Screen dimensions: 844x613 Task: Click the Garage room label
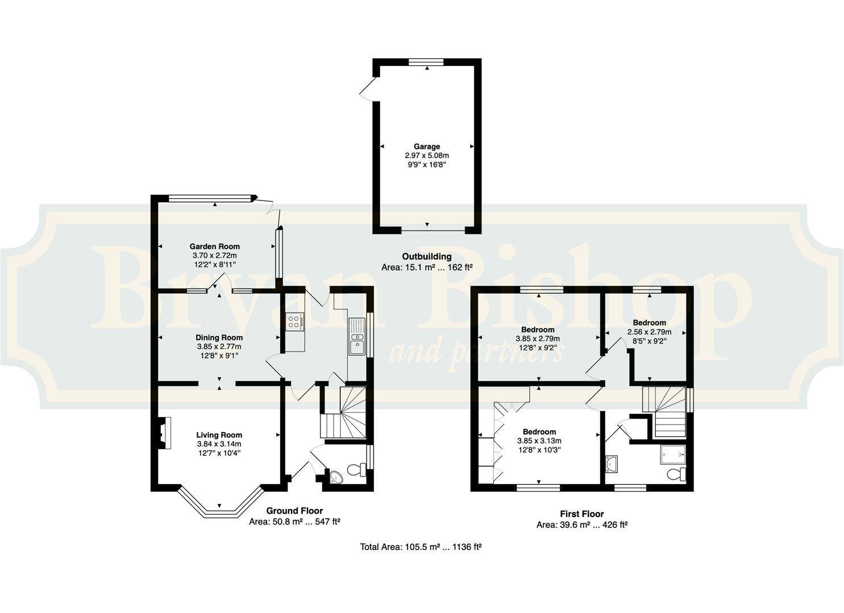tap(427, 146)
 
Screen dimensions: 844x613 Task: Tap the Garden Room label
tap(214, 246)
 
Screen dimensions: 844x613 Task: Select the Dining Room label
tap(219, 338)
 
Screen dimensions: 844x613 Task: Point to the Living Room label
tap(219, 435)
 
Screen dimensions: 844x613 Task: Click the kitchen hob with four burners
tap(294, 322)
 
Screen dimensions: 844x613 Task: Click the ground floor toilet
tap(356, 469)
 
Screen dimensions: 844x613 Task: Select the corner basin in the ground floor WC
tap(335, 477)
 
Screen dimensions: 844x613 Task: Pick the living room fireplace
tap(164, 433)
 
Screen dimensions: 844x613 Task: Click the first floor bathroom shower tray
tap(673, 455)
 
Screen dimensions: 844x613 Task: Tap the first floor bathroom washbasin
tap(611, 464)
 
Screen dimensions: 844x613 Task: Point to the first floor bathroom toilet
tap(676, 474)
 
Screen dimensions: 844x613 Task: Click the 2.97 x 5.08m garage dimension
tap(427, 156)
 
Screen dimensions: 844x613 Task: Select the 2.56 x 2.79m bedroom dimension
tap(649, 332)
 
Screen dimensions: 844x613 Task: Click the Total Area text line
tap(421, 547)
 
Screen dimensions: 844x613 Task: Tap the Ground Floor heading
tap(294, 511)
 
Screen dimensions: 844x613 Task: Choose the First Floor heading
tap(582, 514)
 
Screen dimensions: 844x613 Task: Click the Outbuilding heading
tap(426, 257)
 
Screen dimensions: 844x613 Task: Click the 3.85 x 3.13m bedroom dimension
tap(539, 440)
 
